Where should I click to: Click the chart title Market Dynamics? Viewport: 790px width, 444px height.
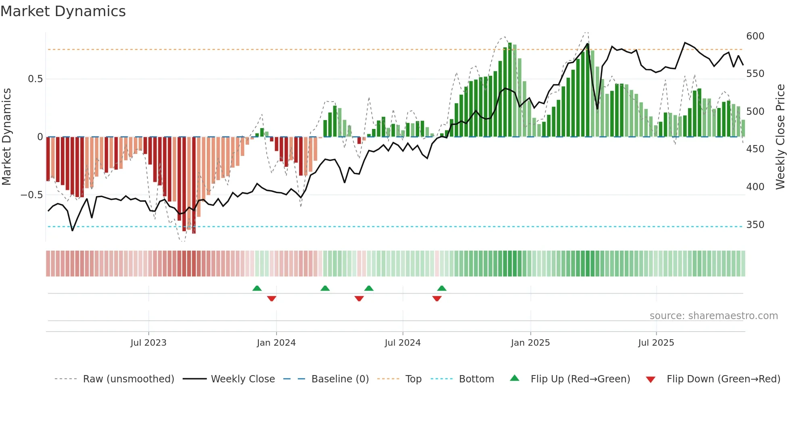coord(63,11)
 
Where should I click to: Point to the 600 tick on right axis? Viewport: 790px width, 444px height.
coord(755,36)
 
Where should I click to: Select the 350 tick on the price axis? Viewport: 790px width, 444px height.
coord(755,225)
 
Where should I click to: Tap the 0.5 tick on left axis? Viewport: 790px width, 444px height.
coord(35,79)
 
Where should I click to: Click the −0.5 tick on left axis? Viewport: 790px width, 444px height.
coord(32,195)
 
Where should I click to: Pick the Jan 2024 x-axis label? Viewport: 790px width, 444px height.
coord(276,343)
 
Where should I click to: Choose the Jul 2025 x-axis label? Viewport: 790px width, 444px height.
coord(656,343)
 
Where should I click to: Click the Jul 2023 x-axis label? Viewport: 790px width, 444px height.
coord(148,343)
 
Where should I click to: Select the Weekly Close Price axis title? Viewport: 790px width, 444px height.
coord(780,137)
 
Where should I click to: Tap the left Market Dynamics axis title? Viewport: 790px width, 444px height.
coord(6,137)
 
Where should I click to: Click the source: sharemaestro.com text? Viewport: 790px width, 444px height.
coord(713,316)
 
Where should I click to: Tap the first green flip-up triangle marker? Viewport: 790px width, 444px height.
coord(257,288)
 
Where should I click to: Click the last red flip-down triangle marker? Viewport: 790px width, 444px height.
coord(437,299)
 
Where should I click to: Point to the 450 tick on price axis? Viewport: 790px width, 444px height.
coord(755,149)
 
